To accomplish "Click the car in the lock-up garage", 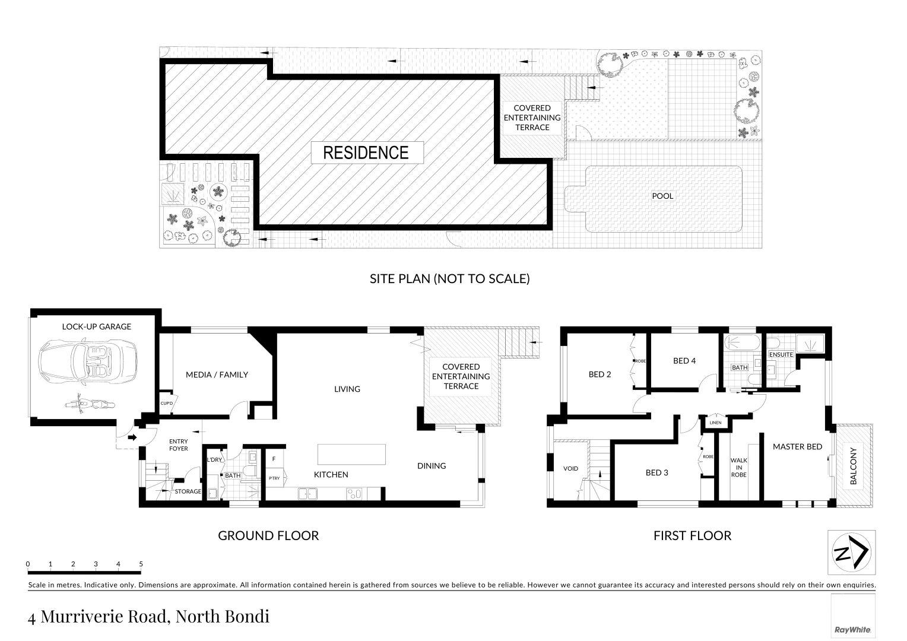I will click(88, 361).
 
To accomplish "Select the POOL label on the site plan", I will click(662, 196).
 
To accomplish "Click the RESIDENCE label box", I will click(366, 153).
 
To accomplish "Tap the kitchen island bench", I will click(351, 455).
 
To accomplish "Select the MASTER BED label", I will click(797, 447).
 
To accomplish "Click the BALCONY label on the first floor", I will click(854, 466).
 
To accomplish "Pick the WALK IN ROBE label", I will click(739, 467).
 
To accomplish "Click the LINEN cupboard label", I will click(715, 423).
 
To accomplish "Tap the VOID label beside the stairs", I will click(570, 468).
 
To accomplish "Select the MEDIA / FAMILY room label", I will click(217, 375).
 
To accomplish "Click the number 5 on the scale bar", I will click(141, 564).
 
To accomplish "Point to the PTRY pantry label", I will click(274, 478).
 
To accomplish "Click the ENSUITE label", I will click(781, 355).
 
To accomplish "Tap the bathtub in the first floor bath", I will click(740, 342).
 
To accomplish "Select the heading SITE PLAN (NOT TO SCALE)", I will click(449, 278).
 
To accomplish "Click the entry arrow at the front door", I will click(132, 437).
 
